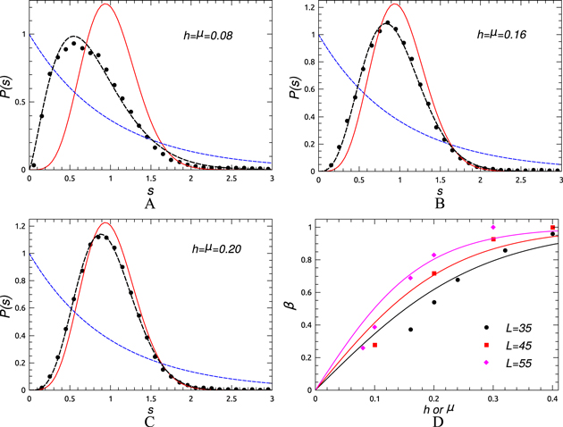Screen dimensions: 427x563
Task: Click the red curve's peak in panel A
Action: click(x=106, y=4)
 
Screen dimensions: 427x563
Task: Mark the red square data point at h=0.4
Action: click(x=553, y=228)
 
